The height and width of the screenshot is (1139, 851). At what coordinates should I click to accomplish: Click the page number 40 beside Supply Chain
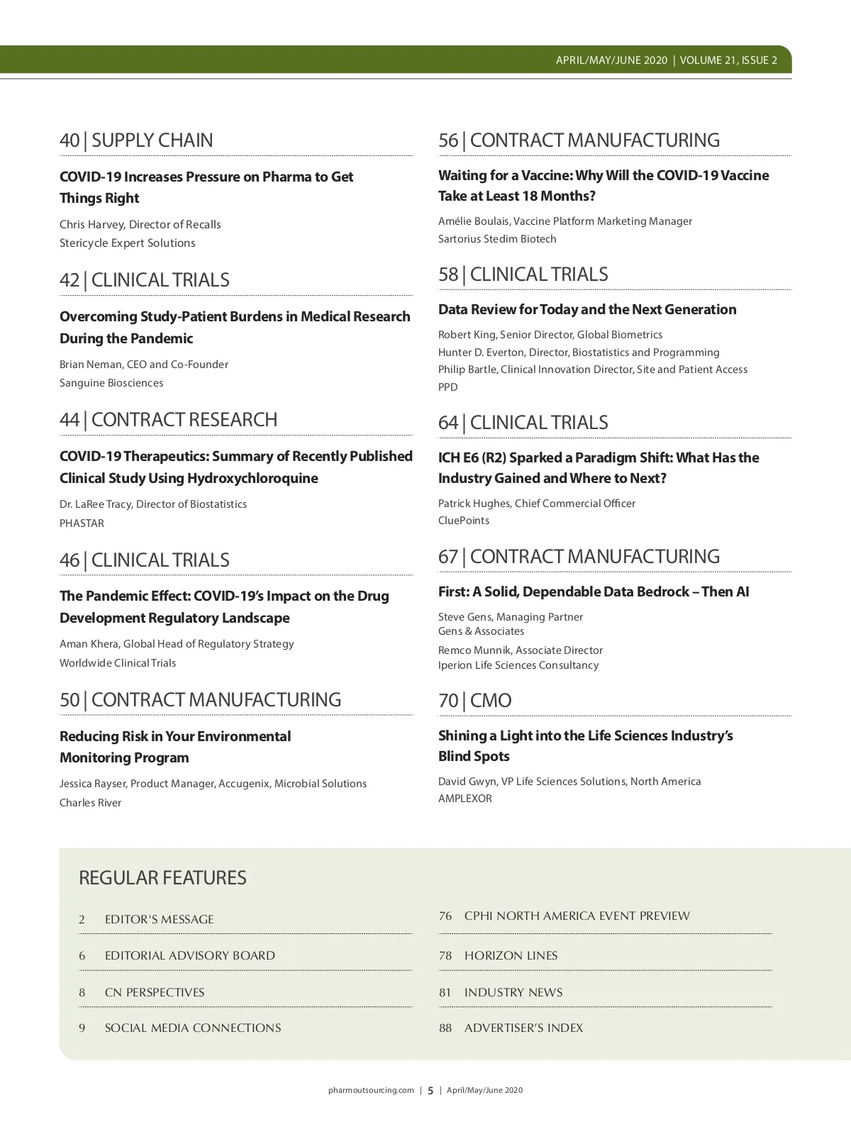tap(69, 140)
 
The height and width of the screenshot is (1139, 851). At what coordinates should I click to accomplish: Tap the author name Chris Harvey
tap(91, 224)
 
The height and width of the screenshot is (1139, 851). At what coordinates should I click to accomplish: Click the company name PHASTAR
tap(82, 523)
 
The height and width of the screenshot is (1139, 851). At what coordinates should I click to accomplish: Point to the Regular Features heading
tap(162, 878)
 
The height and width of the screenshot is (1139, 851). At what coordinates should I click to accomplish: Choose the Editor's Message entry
tap(159, 919)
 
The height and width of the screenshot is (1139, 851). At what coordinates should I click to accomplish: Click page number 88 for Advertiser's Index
tap(445, 1028)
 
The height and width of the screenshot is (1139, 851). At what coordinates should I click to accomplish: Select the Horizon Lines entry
tap(511, 955)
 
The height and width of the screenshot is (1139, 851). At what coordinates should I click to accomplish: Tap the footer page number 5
tap(430, 1091)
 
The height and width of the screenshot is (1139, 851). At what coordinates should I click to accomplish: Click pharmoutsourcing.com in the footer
tap(371, 1090)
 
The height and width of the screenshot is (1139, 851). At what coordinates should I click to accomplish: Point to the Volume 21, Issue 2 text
tap(728, 60)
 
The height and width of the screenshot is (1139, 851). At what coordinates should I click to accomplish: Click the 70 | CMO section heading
tap(474, 701)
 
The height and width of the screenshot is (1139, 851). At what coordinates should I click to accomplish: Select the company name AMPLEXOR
tap(465, 799)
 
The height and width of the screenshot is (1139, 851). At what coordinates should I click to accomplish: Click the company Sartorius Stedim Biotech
tap(497, 239)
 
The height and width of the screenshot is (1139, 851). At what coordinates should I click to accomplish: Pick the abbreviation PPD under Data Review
tap(447, 387)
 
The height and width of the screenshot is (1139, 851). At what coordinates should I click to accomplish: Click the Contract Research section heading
tap(184, 420)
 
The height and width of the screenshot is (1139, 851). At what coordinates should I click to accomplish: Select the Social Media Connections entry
tap(193, 1028)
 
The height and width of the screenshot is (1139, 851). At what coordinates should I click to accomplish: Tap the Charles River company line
tap(90, 803)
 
